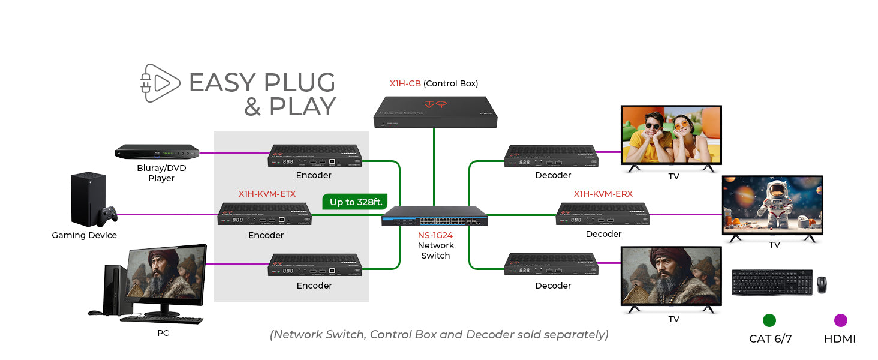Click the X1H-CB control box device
click(x=435, y=112)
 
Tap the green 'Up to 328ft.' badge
click(x=356, y=202)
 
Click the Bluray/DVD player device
click(x=157, y=152)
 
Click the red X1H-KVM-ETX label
click(x=267, y=194)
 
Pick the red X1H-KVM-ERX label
click(x=603, y=194)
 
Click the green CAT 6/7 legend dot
click(x=769, y=320)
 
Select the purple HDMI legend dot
click(x=840, y=320)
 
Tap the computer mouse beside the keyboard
click(x=821, y=284)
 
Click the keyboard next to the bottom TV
click(x=772, y=282)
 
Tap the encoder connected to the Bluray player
click(x=314, y=156)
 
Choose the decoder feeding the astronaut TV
click(x=603, y=214)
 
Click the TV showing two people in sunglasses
click(x=670, y=135)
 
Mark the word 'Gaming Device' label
click(x=84, y=235)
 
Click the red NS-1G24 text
click(x=435, y=235)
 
